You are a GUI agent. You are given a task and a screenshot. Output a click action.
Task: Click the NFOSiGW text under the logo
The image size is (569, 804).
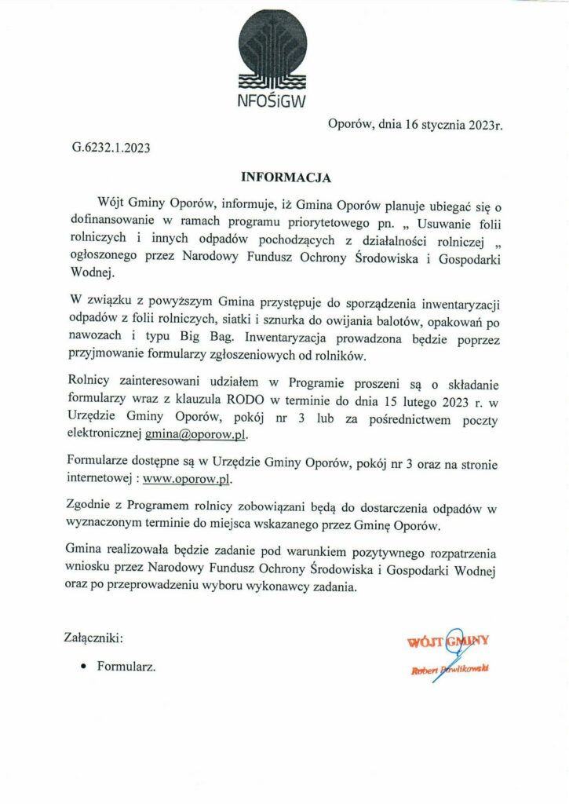coord(272,100)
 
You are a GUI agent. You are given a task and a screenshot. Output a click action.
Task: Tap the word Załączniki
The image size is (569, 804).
coord(93,638)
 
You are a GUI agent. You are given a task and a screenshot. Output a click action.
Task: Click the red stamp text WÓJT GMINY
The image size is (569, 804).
coord(448,641)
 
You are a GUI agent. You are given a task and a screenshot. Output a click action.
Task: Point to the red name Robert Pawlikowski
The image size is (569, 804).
coord(450,669)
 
